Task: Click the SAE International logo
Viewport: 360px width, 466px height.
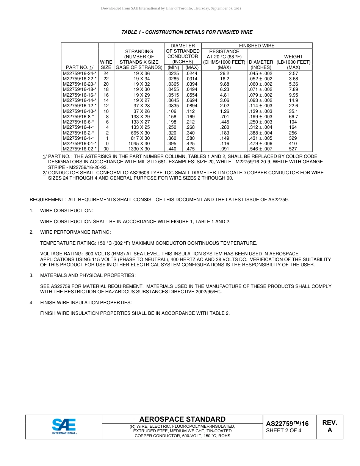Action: [64, 426]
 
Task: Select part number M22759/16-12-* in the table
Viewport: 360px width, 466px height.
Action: [80, 106]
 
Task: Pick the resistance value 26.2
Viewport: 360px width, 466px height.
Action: [224, 73]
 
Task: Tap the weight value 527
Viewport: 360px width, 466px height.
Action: [293, 149]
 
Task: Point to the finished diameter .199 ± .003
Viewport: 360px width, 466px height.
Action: [260, 117]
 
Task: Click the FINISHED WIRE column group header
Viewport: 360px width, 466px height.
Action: [257, 46]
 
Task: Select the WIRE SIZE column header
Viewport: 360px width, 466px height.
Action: [106, 64]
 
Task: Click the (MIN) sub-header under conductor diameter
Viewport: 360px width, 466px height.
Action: [173, 67]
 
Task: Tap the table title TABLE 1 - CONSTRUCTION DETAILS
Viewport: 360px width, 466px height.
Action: [187, 32]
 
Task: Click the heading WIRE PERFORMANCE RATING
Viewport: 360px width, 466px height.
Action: [75, 232]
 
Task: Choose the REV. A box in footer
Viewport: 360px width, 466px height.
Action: [329, 426]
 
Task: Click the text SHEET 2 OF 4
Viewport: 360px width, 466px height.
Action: [283, 430]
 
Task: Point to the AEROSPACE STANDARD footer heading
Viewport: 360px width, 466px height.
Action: [182, 419]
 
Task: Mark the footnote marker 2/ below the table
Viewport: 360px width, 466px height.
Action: [44, 173]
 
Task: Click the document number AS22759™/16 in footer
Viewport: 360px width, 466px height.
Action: [287, 424]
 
